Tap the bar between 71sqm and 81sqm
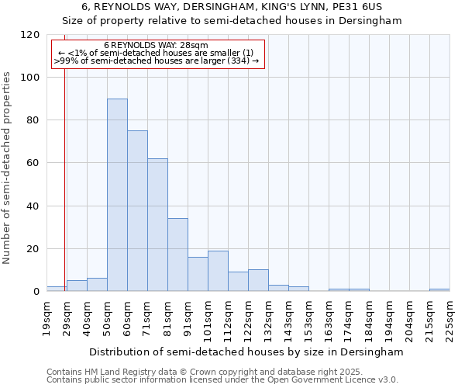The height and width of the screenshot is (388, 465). pos(157,225)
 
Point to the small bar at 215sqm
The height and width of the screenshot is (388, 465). pos(439,290)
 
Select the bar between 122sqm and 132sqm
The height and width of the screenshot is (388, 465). pos(258,281)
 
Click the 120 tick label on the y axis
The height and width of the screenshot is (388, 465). pos(30,35)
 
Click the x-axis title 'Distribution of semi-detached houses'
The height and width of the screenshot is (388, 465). pos(246,352)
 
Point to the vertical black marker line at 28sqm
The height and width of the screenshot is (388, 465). pos(64,171)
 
